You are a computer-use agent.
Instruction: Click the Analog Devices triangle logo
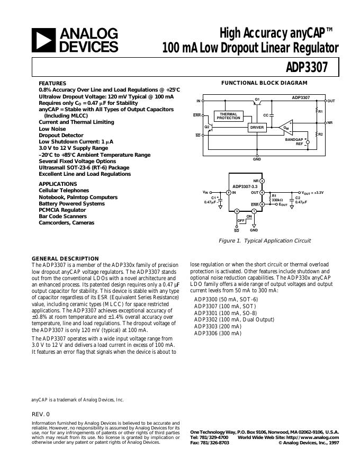click(44, 40)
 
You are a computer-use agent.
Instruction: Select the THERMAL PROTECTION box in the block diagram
click(228, 116)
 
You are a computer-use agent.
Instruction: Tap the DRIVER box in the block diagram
click(257, 128)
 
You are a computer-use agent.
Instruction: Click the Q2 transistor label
click(208, 127)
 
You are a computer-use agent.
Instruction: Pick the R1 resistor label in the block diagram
click(320, 112)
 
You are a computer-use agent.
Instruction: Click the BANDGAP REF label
click(294, 141)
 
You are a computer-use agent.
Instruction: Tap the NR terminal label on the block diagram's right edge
click(330, 123)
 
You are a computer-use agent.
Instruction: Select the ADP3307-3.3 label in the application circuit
click(245, 186)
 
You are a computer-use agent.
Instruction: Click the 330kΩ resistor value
click(277, 200)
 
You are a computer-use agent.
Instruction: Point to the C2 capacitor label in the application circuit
click(298, 198)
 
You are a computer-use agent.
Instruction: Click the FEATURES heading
click(52, 84)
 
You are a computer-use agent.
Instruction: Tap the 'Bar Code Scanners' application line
click(59, 216)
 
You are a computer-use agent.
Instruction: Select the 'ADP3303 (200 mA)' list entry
click(218, 327)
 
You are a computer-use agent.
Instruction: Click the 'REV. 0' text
click(41, 414)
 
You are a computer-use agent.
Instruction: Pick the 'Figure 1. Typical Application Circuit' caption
click(265, 240)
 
